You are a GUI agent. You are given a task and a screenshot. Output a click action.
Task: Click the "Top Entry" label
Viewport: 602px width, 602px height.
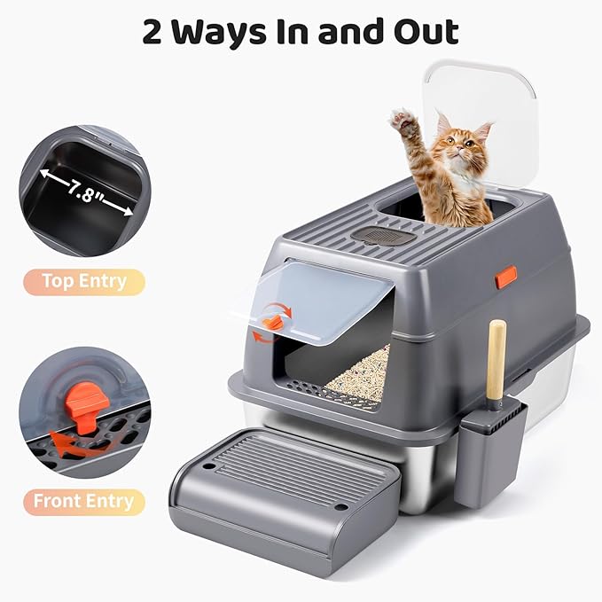[83, 282]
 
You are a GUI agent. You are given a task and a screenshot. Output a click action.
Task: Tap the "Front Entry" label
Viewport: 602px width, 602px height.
[83, 501]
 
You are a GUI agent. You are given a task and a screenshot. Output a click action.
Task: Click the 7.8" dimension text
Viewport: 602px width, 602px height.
[85, 192]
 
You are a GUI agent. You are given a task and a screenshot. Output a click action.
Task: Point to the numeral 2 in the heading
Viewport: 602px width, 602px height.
[156, 31]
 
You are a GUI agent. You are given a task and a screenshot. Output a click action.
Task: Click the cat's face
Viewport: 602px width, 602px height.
[458, 151]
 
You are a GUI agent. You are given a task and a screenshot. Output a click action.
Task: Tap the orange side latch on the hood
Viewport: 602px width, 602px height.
[506, 276]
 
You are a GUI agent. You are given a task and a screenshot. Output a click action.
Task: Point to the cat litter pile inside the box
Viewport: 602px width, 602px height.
[361, 372]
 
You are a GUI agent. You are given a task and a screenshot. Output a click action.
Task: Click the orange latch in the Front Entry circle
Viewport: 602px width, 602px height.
[87, 410]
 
